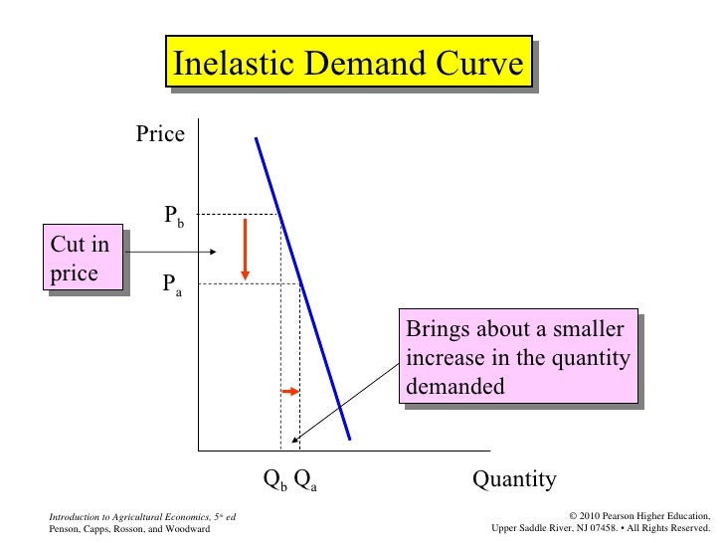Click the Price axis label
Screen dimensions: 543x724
click(160, 134)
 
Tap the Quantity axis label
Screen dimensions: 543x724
click(514, 479)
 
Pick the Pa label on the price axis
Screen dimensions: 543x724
click(172, 287)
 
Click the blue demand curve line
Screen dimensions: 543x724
click(303, 288)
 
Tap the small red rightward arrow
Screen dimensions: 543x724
click(289, 392)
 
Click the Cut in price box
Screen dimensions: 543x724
click(86, 259)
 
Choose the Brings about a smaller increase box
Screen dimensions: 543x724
click(517, 358)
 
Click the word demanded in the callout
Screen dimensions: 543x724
click(455, 387)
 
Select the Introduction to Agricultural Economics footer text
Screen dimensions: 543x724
click(141, 517)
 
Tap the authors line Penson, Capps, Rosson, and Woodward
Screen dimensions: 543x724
click(129, 530)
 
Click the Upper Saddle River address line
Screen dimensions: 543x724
click(601, 530)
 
